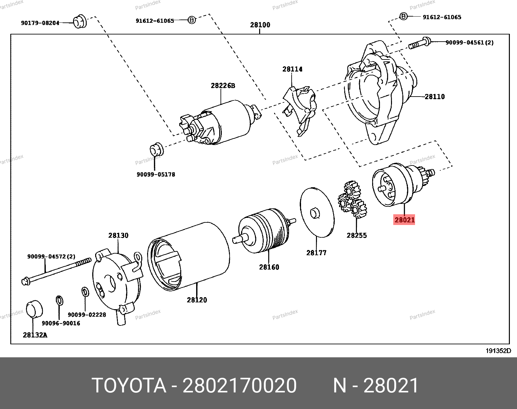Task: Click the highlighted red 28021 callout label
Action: coord(404,220)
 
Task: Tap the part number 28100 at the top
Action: coord(260,25)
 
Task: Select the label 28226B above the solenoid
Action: coord(223,86)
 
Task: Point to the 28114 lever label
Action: coord(292,69)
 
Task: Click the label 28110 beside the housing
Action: coord(435,97)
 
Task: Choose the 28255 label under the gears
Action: coord(357,235)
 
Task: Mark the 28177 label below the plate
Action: coord(316,253)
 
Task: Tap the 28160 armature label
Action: coord(269,267)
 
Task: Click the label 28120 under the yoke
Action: coord(197,300)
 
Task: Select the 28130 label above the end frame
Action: coord(118,235)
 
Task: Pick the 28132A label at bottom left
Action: coord(35,335)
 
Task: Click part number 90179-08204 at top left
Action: coord(40,23)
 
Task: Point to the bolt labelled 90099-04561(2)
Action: coord(419,43)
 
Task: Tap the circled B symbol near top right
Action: coord(403,16)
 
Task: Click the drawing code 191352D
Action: coord(498,351)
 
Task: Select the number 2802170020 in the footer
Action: coord(240,386)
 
